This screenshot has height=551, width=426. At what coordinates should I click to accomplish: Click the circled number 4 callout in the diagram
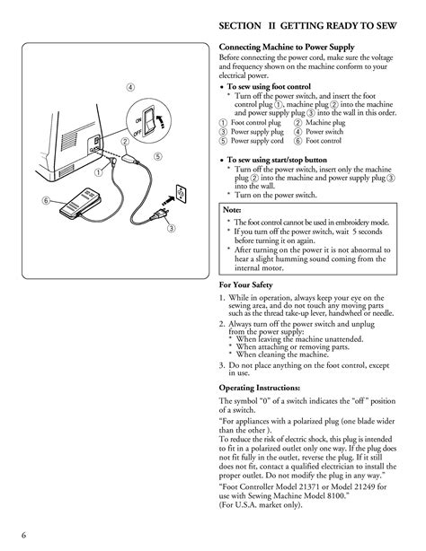131,86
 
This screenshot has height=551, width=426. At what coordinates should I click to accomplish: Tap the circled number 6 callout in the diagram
44,199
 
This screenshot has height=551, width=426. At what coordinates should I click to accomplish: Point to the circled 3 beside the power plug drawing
170,231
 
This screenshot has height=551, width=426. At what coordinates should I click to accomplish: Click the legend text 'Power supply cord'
257,141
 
